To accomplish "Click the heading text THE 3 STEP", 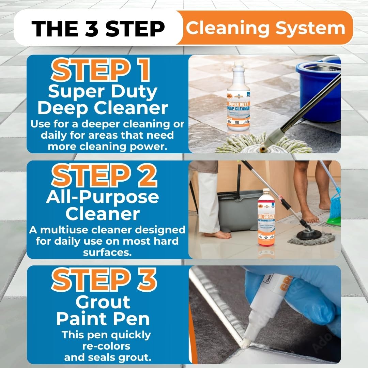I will (98, 28).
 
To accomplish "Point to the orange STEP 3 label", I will (104, 280).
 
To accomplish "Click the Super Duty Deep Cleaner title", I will (103, 100).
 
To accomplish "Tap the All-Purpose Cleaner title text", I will (103, 205).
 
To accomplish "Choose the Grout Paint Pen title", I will (103, 310).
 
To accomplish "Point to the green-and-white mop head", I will (259, 145).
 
